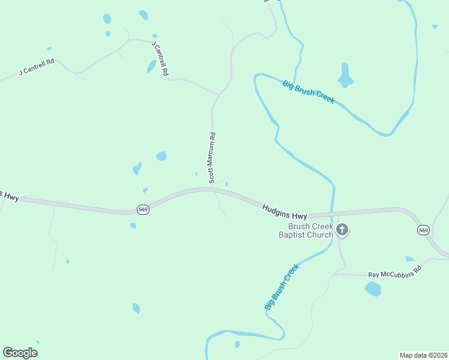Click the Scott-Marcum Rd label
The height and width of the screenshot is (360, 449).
pos(212,158)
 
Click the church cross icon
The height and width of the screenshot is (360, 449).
pos(342,229)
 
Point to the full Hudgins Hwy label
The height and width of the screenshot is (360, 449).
pos(285,211)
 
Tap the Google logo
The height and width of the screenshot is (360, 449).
pos(20,353)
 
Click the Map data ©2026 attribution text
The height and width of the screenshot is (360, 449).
pos(423,355)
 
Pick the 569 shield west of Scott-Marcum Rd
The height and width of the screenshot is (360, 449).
pos(143,209)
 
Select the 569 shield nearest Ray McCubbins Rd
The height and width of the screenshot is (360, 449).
pos(424,230)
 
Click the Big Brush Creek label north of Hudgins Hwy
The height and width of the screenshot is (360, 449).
pos(309,91)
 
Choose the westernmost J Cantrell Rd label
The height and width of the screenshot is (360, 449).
pos(37,67)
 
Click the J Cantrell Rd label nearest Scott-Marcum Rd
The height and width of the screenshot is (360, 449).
pos(160,58)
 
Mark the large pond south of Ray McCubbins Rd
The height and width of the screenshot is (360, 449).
pos(373,289)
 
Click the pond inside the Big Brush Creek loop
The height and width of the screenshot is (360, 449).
pos(345,76)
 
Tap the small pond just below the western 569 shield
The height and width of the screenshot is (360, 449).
pos(133,226)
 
